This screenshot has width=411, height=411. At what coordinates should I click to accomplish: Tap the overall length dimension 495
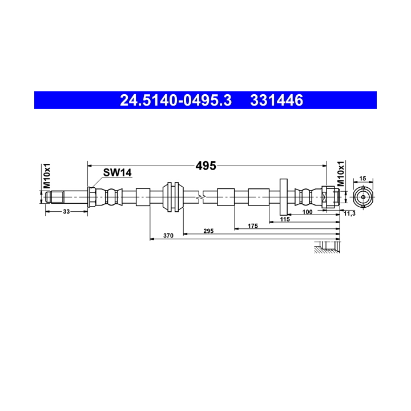205,166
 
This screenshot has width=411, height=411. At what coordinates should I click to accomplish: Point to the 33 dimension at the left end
66,212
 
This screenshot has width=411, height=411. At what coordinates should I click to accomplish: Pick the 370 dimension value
168,235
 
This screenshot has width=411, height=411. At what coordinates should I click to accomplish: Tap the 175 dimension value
252,226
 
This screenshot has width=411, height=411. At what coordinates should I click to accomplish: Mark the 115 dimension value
285,219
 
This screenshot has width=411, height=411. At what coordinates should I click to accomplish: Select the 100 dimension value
307,212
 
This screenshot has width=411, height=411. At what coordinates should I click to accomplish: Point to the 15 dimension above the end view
363,178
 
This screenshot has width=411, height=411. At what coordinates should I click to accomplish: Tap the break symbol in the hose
199,198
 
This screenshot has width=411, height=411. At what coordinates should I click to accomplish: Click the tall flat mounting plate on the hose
283,198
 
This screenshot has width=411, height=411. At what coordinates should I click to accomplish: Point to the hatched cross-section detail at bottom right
328,247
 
